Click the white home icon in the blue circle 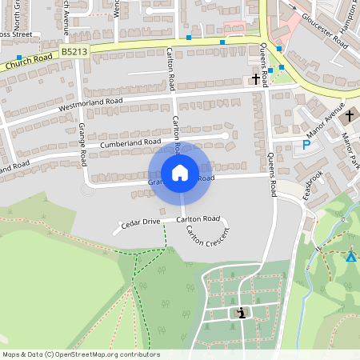click(x=180, y=173)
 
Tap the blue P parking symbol click(x=306, y=145)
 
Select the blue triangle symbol click(x=350, y=256)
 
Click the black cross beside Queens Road click(x=257, y=78)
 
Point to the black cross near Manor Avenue click(x=349, y=116)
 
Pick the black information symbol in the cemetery click(x=242, y=312)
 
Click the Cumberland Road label click(x=131, y=142)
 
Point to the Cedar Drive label click(x=141, y=222)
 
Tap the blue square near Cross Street click(x=18, y=58)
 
